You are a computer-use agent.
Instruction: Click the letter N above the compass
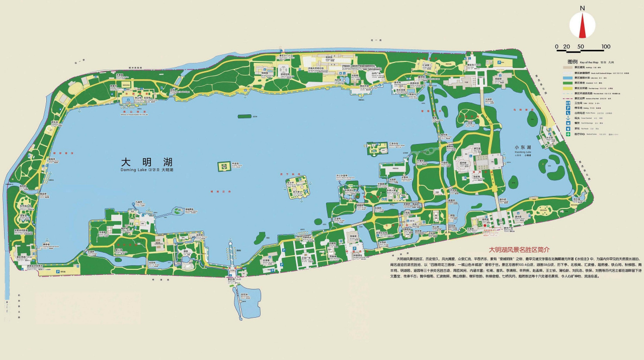coord(582,8)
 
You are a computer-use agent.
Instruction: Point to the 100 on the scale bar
coord(606,47)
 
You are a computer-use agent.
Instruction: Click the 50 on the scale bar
coord(581,47)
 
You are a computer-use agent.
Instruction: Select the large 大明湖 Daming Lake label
coord(146,163)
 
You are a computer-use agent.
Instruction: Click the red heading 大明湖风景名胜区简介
coord(520,249)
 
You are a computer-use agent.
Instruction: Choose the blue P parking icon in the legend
coord(568,108)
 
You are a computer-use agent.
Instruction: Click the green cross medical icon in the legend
coord(568,134)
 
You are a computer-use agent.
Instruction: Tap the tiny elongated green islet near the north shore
coord(245,116)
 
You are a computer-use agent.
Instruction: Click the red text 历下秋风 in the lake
coord(290,174)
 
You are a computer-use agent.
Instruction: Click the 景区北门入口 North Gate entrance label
coord(286,55)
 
